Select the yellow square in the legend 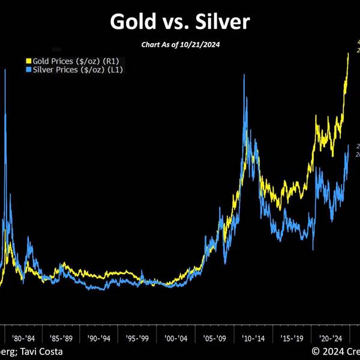[28, 61]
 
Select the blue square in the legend [28, 70]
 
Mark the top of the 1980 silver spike [5, 70]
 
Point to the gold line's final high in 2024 [349, 53]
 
